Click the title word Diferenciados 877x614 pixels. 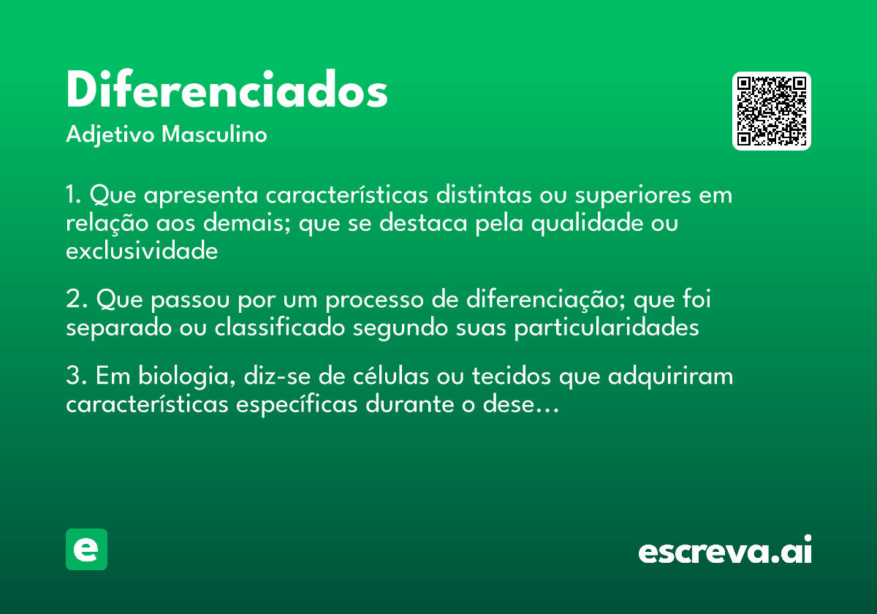pos(227,91)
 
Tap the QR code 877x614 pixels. pos(772,111)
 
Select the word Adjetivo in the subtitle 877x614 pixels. pos(110,135)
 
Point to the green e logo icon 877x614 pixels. pos(86,549)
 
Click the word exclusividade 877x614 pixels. pos(142,251)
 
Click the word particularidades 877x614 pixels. pos(607,328)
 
